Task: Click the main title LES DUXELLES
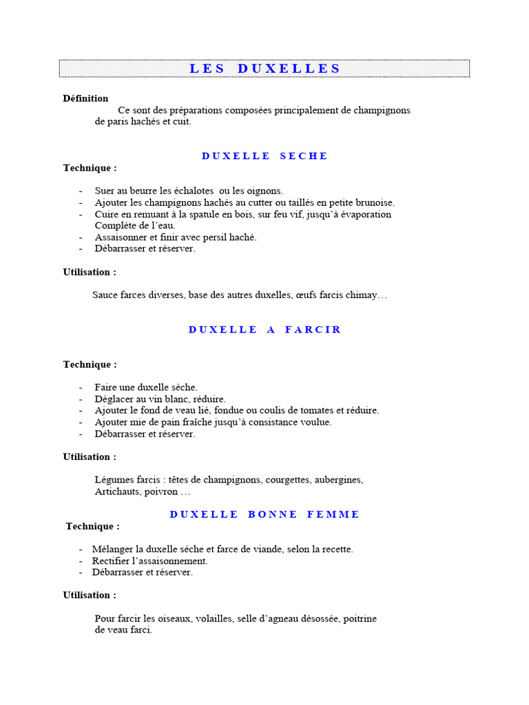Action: click(x=264, y=68)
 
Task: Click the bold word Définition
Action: click(x=85, y=98)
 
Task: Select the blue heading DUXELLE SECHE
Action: click(x=264, y=156)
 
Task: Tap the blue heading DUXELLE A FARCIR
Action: click(x=264, y=330)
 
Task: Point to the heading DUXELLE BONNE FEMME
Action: click(x=264, y=514)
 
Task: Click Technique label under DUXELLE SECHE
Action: click(x=90, y=168)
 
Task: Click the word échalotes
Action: click(x=193, y=191)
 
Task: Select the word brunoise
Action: click(x=373, y=202)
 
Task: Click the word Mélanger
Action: click(x=113, y=549)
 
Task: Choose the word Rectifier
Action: click(x=111, y=561)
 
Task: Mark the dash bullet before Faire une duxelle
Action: click(x=81, y=388)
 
